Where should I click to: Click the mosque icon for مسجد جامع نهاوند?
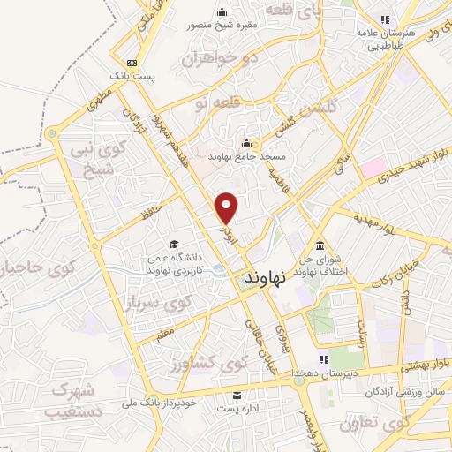coord(245,143)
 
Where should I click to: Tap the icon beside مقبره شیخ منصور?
coord(221,11)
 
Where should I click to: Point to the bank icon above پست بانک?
coord(132,63)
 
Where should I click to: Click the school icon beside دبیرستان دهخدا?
coord(323,359)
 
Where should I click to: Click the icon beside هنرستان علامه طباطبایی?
coord(384,19)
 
